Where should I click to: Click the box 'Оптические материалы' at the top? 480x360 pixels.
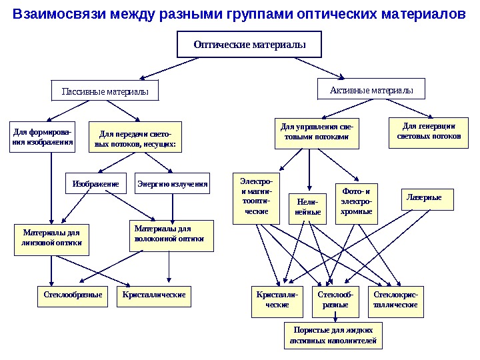tap(249, 45)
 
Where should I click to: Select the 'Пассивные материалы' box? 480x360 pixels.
tap(105, 91)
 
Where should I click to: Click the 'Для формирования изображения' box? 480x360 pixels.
tap(42, 137)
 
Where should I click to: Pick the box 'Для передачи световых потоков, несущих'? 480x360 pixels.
tap(135, 138)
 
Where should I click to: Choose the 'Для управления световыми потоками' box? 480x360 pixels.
tap(315, 133)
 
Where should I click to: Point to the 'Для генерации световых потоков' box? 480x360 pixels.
tap(429, 131)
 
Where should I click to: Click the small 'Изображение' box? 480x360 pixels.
tap(95, 183)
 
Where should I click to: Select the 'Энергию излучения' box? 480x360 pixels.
tap(172, 183)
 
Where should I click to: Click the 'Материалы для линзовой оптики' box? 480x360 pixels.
tap(51, 239)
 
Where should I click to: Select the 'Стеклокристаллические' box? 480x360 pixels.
tap(396, 300)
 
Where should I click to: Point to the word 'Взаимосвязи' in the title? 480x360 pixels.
tap(55, 14)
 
